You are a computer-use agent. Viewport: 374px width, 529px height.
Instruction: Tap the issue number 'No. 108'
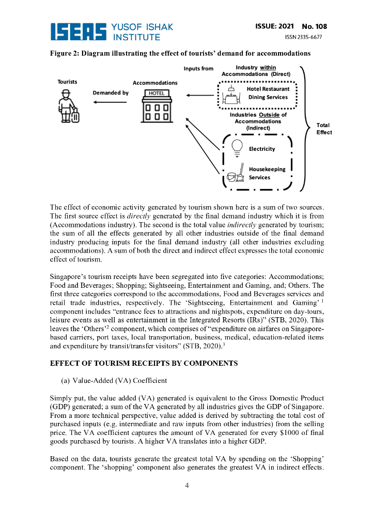click(x=314, y=26)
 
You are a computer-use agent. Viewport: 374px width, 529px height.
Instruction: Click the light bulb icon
click(x=237, y=147)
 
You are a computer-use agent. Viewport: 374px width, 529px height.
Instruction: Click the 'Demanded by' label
click(x=111, y=92)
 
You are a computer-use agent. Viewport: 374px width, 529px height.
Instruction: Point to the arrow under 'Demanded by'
click(x=110, y=102)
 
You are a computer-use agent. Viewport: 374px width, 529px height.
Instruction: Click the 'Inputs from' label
click(x=198, y=69)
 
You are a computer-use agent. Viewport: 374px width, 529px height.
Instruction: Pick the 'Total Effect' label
click(x=324, y=129)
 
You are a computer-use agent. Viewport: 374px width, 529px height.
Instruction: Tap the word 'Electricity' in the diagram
click(x=262, y=149)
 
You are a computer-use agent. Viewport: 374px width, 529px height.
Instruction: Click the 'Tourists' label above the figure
click(x=67, y=82)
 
